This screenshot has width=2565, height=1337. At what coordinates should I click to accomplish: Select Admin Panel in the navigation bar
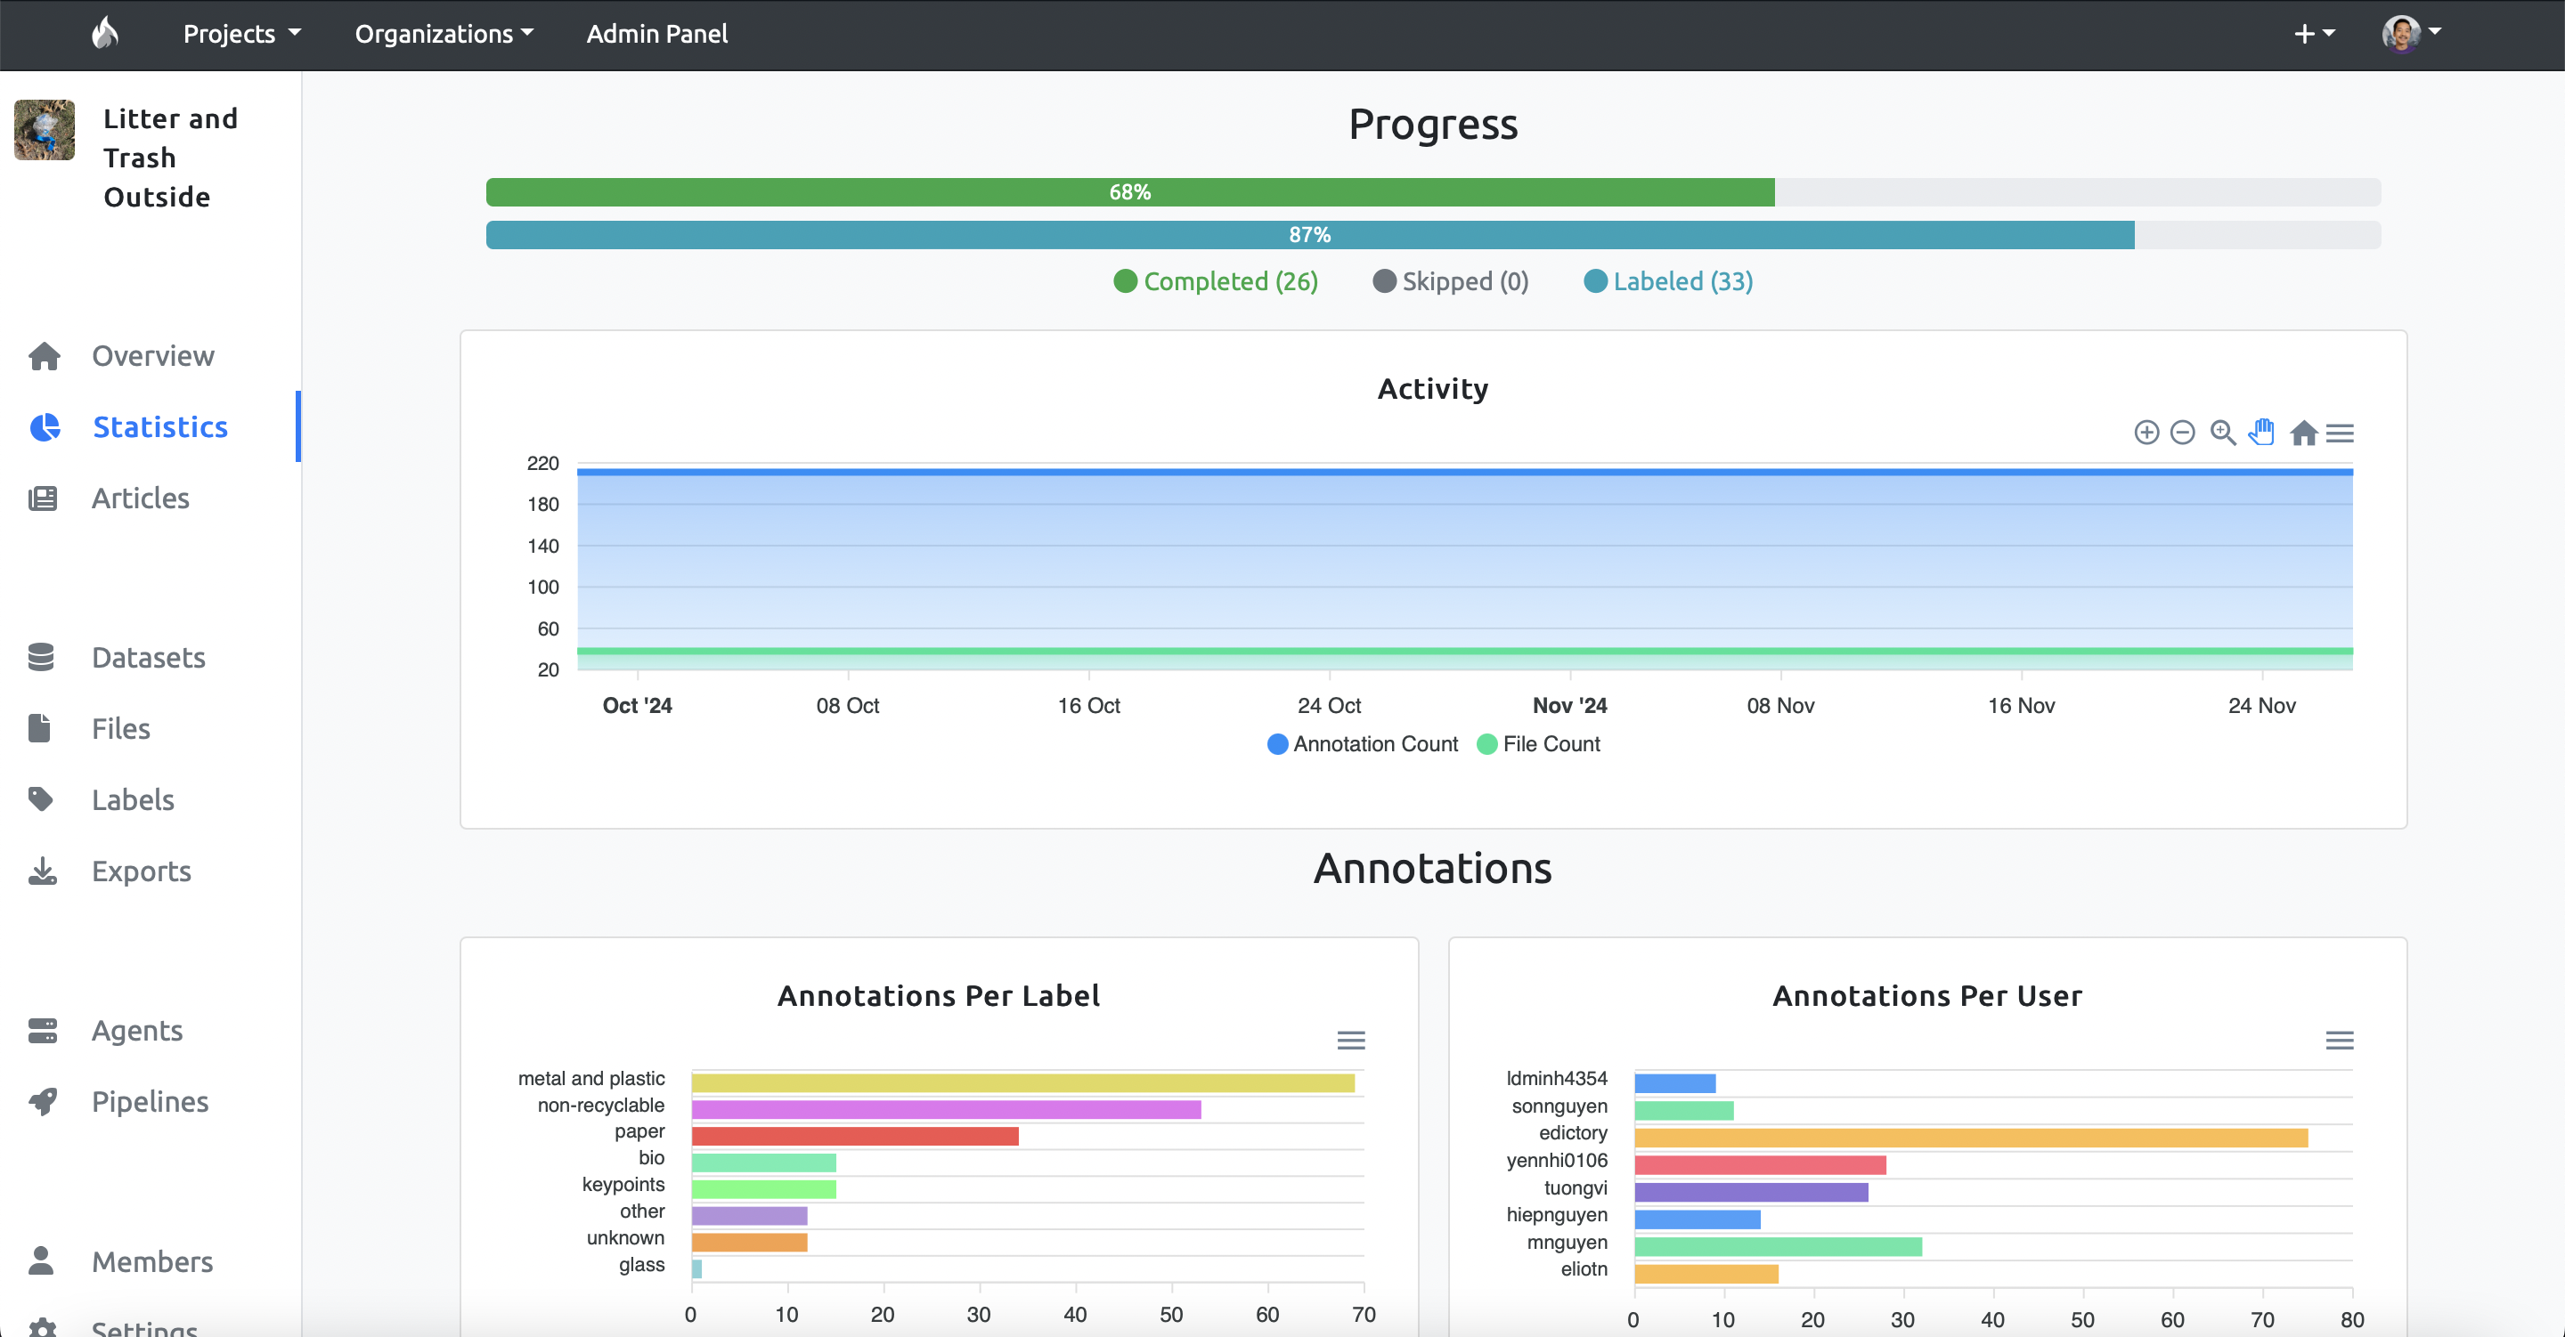click(657, 34)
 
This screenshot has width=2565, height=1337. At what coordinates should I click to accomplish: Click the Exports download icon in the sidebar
click(42, 871)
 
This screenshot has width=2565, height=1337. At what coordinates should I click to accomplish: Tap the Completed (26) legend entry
click(1216, 282)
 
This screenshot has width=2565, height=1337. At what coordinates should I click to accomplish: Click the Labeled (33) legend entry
click(1668, 282)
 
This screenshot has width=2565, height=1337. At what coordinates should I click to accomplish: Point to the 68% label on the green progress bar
click(1130, 192)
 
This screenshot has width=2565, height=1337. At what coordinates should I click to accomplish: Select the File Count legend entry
click(1538, 745)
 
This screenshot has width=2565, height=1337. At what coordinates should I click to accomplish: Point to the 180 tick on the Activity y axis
click(542, 505)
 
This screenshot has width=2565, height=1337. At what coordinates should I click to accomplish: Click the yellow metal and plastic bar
click(1022, 1083)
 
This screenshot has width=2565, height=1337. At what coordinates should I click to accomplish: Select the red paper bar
click(855, 1136)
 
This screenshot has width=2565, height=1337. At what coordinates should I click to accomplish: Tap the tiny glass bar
click(697, 1268)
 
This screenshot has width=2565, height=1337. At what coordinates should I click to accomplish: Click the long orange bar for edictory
click(1971, 1138)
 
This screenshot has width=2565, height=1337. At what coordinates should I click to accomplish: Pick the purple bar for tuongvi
click(1752, 1192)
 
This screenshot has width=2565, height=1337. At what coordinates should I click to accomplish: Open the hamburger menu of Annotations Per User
click(2339, 1041)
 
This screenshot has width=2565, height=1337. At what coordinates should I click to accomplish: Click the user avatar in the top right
click(2401, 33)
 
